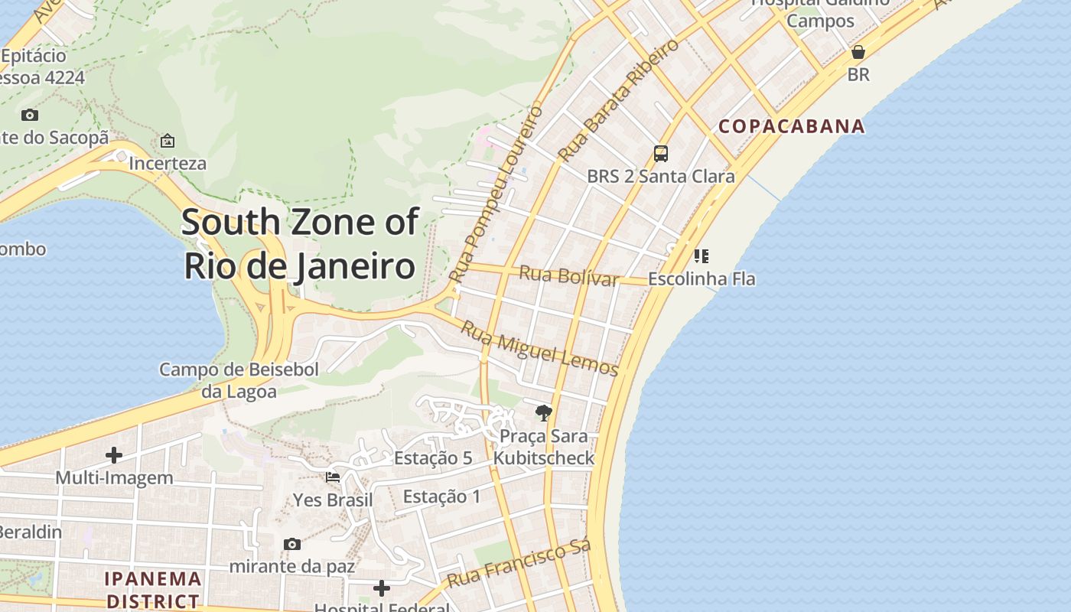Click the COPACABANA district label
click(x=792, y=126)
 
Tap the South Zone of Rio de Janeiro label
click(x=300, y=244)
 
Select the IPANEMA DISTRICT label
click(x=153, y=589)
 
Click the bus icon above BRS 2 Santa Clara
click(x=661, y=154)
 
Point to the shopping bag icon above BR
click(x=858, y=52)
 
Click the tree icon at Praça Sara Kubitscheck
click(x=544, y=413)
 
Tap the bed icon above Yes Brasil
click(x=333, y=477)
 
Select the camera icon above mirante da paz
click(x=291, y=544)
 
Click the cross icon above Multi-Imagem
click(x=114, y=455)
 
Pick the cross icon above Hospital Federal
click(x=382, y=588)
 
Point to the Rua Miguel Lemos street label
click(x=539, y=348)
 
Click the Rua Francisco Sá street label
click(x=519, y=564)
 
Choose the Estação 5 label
click(x=433, y=458)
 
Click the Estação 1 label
click(x=441, y=496)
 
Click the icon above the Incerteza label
click(x=168, y=141)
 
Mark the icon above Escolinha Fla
click(x=701, y=256)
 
